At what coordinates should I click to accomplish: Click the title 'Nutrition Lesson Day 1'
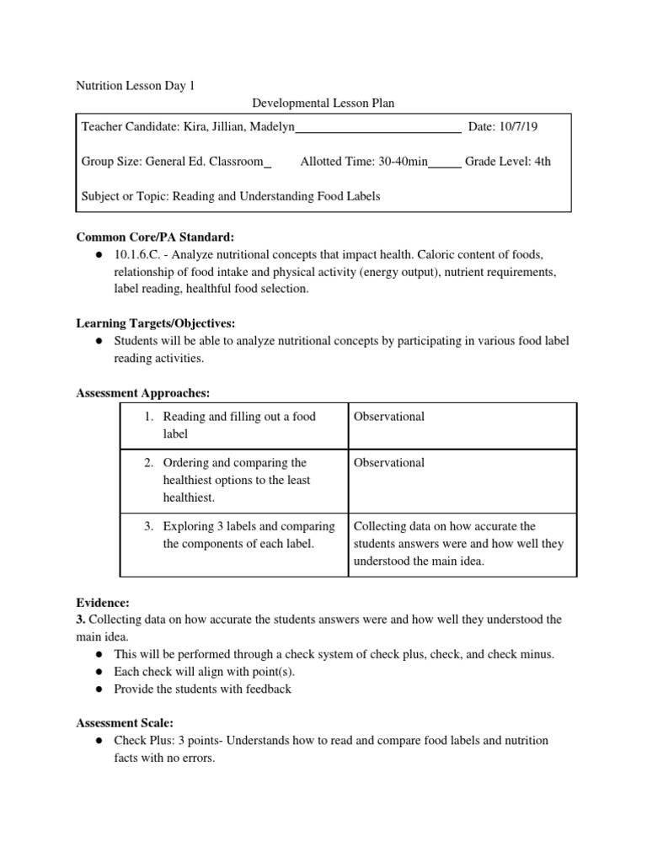pyautogui.click(x=136, y=85)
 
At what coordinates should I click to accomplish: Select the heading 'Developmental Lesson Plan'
pyautogui.click(x=323, y=104)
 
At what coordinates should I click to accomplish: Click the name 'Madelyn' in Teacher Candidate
pyautogui.click(x=269, y=127)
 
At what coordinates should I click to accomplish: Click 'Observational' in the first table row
pyautogui.click(x=389, y=417)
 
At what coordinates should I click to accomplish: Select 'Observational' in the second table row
pyautogui.click(x=389, y=462)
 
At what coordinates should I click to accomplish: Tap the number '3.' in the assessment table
pyautogui.click(x=148, y=526)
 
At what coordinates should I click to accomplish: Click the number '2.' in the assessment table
pyautogui.click(x=148, y=462)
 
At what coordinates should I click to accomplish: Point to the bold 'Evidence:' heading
pyautogui.click(x=103, y=603)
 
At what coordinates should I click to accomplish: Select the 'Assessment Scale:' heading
pyautogui.click(x=125, y=723)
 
